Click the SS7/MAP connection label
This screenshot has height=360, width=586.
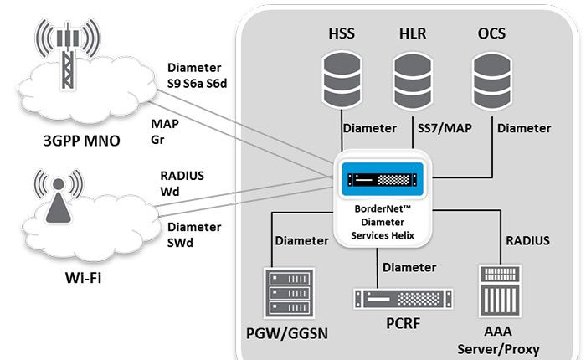pos(444,128)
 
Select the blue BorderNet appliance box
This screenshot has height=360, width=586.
pos(383,177)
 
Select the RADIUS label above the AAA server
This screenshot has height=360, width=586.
pos(528,241)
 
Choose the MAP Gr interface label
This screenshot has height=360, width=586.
pos(164,131)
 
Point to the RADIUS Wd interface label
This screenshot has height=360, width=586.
pos(182,183)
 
